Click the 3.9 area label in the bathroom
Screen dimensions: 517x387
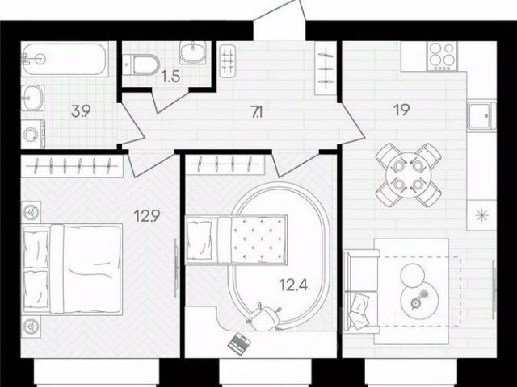tap(81, 111)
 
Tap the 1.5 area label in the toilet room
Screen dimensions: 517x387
tap(170, 77)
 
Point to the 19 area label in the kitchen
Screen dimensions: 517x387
tap(401, 110)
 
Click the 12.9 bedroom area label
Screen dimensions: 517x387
tap(147, 216)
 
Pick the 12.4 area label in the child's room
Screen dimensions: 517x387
tap(293, 285)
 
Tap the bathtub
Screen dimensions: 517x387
tap(65, 59)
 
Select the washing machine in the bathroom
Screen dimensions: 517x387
tap(33, 134)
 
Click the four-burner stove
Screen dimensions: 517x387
tap(442, 56)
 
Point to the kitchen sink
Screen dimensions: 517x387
tap(481, 115)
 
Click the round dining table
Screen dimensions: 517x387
tap(409, 175)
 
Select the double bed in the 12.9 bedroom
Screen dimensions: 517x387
tap(72, 269)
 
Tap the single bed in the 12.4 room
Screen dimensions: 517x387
tap(236, 239)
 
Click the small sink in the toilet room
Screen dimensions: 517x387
tap(193, 52)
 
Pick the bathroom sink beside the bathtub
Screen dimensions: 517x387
tap(32, 98)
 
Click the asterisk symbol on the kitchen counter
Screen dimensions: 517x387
tap(481, 215)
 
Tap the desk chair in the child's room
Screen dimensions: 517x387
tap(265, 317)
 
